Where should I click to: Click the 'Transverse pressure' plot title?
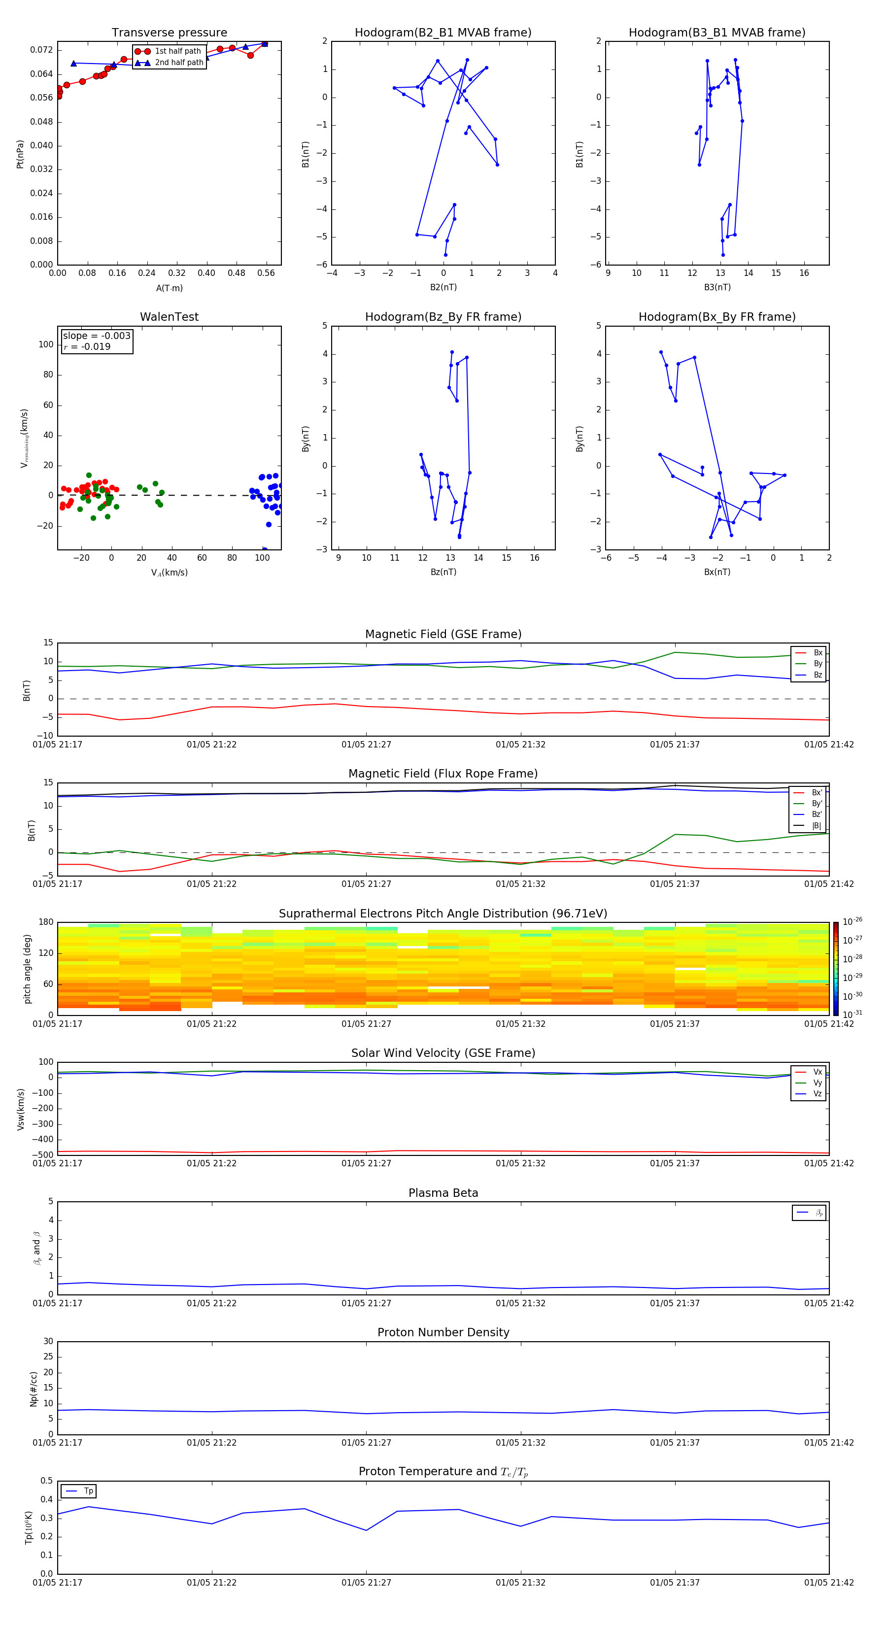[x=169, y=33]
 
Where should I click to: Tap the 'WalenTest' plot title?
[x=169, y=317]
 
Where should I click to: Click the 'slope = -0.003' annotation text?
[x=97, y=336]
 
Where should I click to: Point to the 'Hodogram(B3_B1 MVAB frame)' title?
[x=716, y=33]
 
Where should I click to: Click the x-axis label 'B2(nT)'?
[x=443, y=287]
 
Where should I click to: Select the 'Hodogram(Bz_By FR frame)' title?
[x=443, y=317]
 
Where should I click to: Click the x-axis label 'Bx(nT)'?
[x=716, y=572]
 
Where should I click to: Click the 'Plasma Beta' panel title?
[x=443, y=1193]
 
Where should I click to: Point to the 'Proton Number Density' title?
[x=443, y=1332]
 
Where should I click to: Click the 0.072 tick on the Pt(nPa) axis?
[x=42, y=50]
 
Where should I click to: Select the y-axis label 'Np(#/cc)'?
[x=34, y=1389]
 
